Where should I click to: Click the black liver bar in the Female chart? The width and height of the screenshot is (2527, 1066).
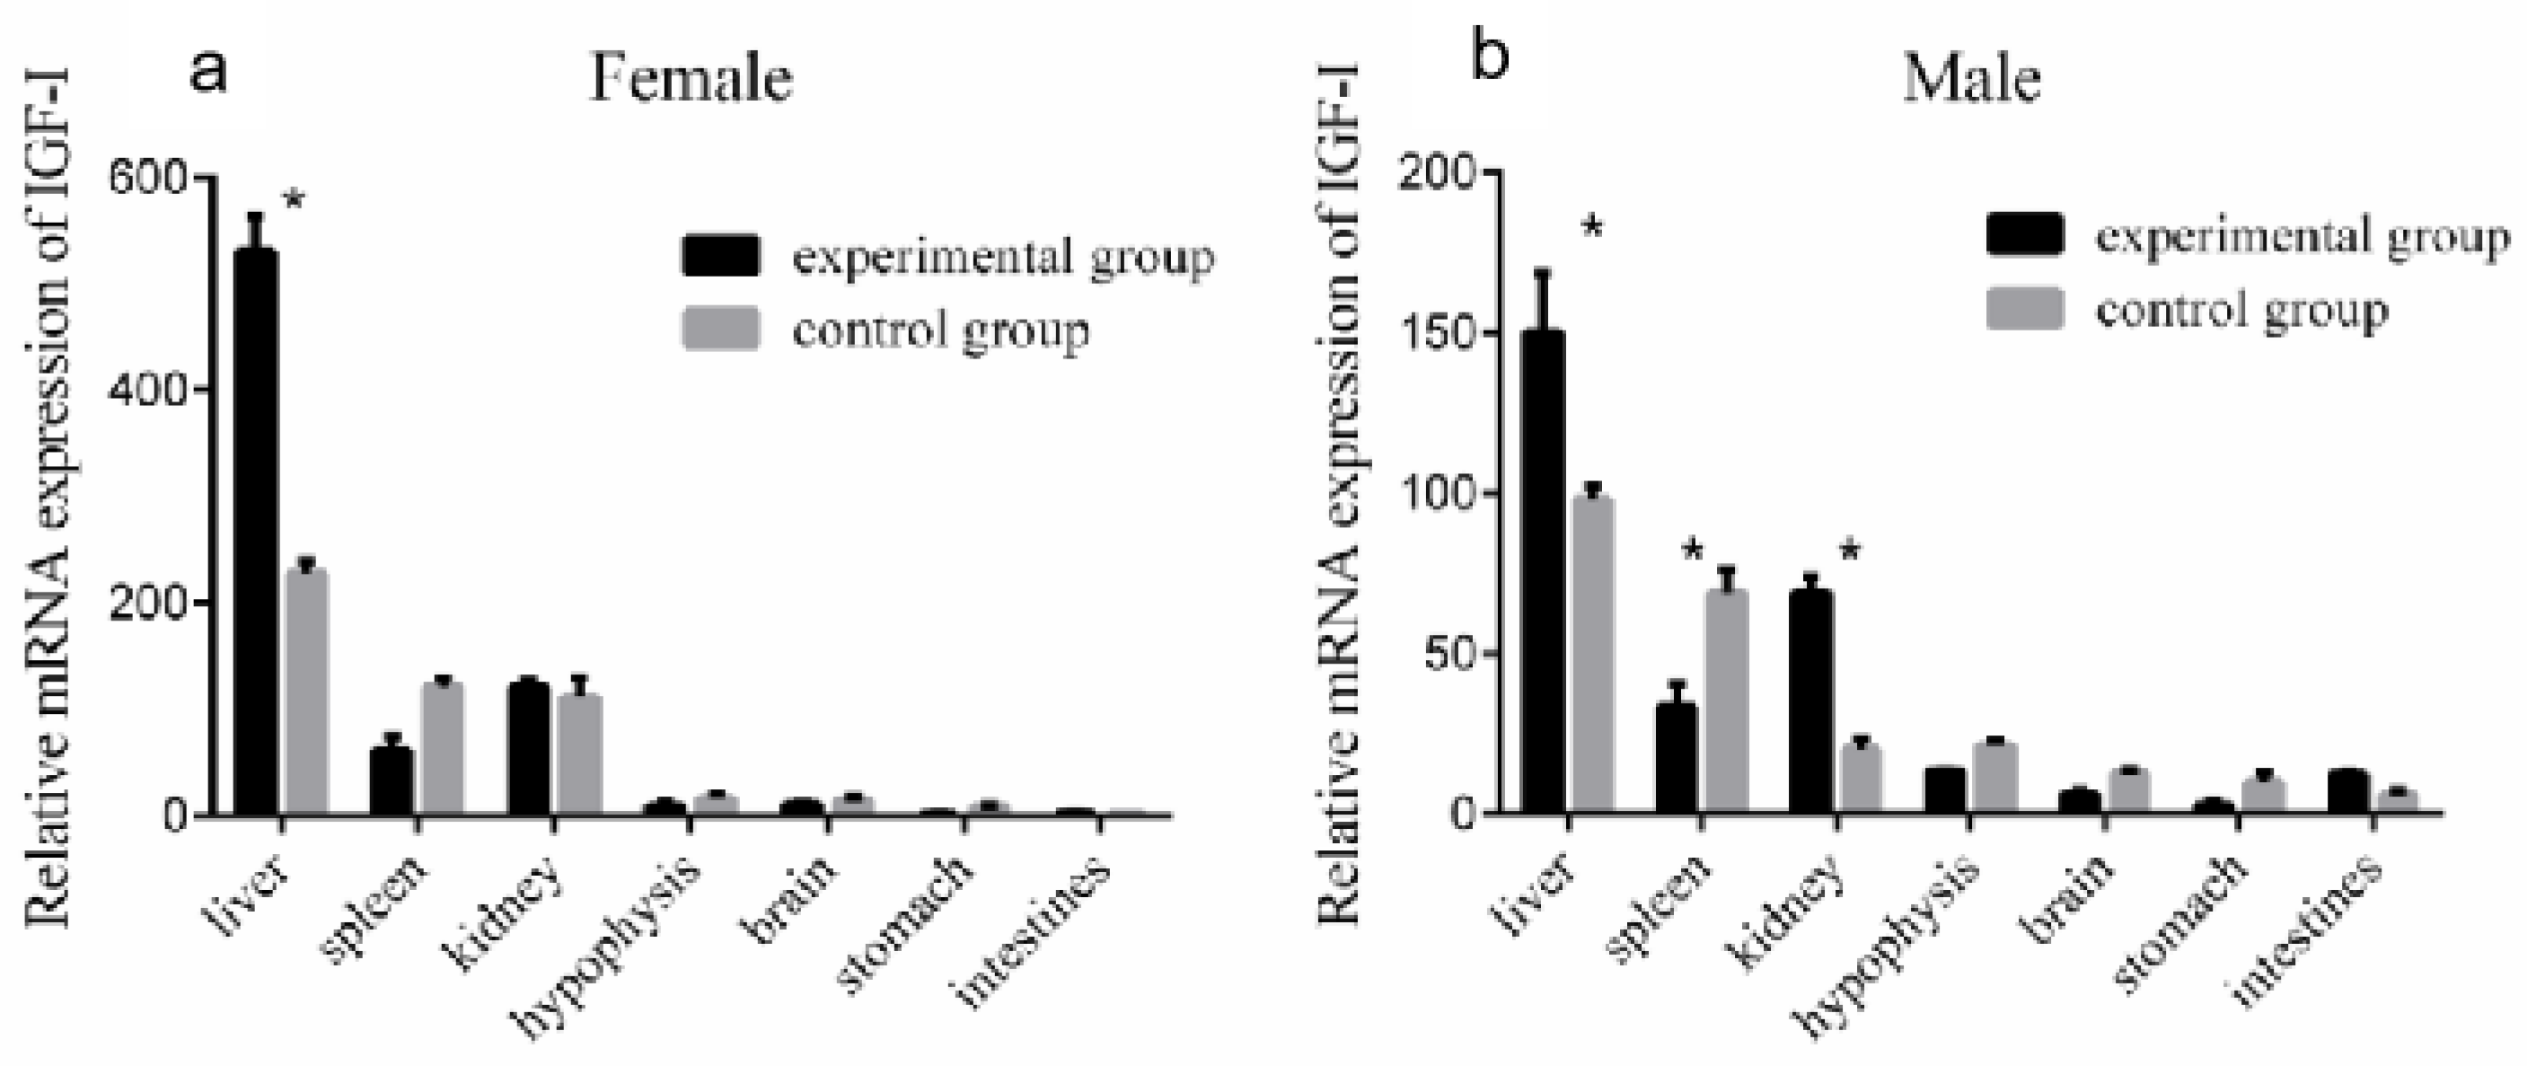tap(255, 530)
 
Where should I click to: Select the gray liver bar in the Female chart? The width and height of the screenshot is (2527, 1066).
tap(306, 692)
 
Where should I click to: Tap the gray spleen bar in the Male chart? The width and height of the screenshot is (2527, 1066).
tap(1727, 701)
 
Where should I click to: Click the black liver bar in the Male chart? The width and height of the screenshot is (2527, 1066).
tap(1542, 574)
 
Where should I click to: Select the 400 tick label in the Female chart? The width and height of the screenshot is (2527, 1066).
tap(147, 391)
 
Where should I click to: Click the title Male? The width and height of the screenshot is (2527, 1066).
tap(1972, 78)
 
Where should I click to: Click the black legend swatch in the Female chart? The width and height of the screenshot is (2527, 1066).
tap(721, 256)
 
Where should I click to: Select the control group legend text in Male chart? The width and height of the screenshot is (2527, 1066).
tap(2241, 312)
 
